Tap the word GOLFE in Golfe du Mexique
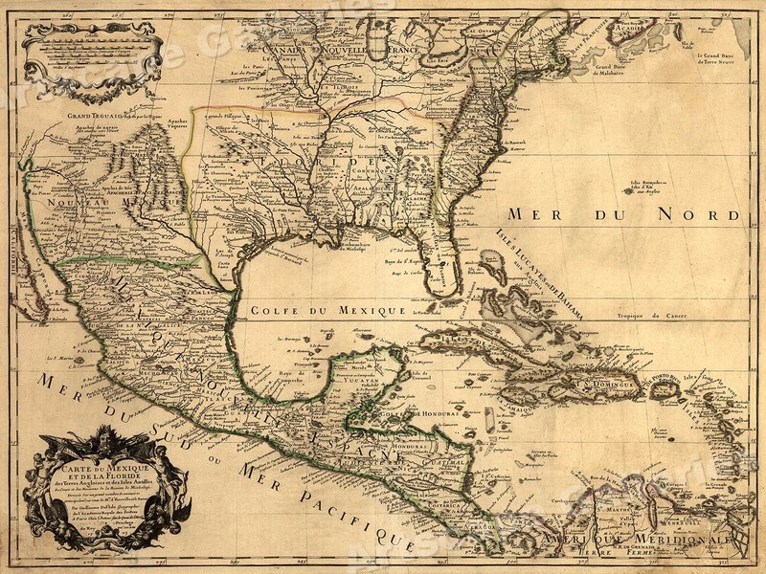[x=279, y=310]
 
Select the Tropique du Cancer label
[x=652, y=315]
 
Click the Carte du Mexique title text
[x=106, y=469]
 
